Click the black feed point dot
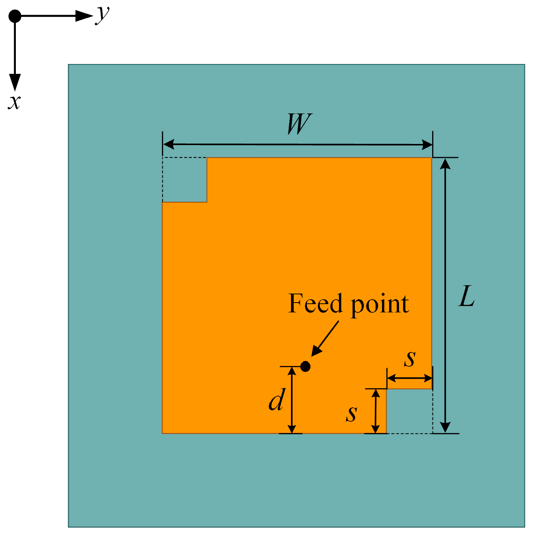coord(305,366)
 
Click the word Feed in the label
coord(316,303)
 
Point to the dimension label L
coord(467,297)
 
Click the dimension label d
coord(276,400)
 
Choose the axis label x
coord(14,102)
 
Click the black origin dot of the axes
coord(15,16)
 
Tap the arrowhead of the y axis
coord(84,16)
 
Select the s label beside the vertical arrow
coord(351,414)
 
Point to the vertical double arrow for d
coord(291,400)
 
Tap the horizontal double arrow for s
coord(410,378)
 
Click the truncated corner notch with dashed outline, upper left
coord(185,180)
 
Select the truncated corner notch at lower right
coord(409,411)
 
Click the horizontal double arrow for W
coord(297,144)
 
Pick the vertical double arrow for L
coord(445,295)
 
